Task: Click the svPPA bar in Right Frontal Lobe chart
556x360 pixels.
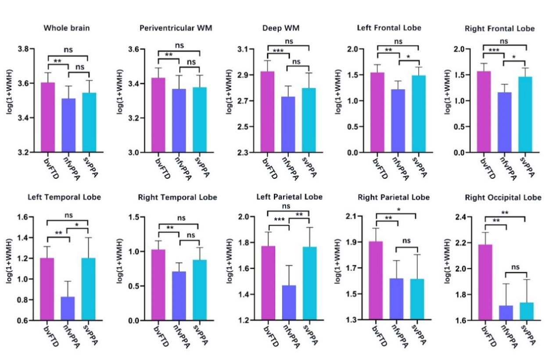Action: [x=526, y=115]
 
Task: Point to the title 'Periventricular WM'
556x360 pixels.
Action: [x=176, y=28]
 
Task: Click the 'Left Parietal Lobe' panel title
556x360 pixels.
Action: [x=289, y=197]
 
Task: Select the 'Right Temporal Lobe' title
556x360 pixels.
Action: [x=177, y=198]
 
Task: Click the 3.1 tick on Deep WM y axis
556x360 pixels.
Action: [x=243, y=49]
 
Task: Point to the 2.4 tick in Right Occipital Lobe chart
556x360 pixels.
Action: [x=462, y=217]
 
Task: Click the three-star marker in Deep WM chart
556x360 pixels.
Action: [x=277, y=51]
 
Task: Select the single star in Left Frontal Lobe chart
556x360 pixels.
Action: [x=409, y=57]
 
